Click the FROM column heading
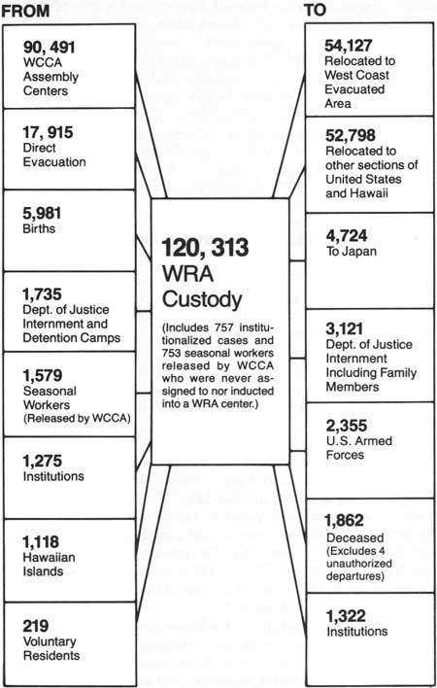25,11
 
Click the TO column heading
316,10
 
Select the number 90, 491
50,48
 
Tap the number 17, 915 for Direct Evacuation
48,132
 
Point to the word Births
39,228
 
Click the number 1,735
42,294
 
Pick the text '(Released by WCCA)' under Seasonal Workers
77,418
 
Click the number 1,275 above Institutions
43,461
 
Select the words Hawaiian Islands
50,565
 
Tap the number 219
36,626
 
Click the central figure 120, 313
205,248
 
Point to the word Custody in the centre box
202,299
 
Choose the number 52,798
351,136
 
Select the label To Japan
352,252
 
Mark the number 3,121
344,328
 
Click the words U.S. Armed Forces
359,448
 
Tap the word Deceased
355,537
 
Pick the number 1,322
346,616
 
